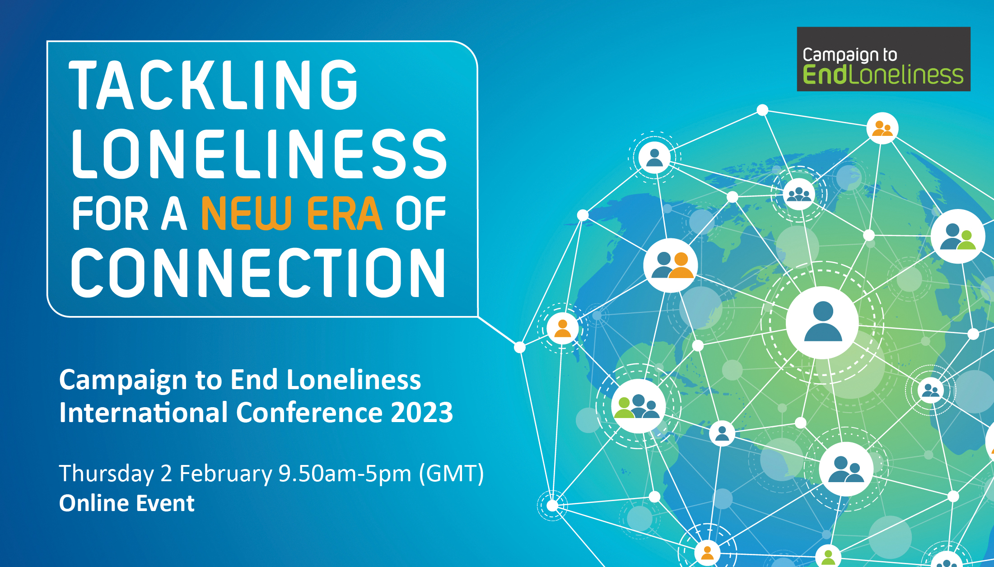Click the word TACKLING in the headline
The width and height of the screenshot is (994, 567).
214,85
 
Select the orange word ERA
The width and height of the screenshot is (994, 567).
345,214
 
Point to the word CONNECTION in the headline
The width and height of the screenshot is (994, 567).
258,273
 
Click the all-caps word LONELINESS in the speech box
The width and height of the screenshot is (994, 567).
259,153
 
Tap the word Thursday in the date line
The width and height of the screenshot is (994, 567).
107,474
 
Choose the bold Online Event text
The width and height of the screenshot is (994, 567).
127,503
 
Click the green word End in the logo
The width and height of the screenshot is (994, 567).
825,74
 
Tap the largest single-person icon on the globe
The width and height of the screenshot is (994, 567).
822,322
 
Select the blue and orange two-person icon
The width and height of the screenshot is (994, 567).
671,265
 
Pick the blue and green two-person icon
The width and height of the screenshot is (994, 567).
958,236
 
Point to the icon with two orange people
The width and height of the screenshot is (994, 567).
882,128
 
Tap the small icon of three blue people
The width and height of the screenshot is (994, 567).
799,195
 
